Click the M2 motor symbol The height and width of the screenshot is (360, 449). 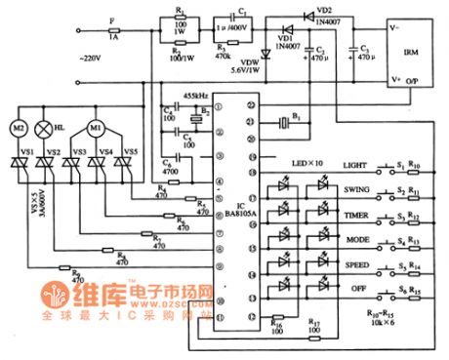coord(19,128)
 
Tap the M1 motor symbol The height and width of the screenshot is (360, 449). coord(96,128)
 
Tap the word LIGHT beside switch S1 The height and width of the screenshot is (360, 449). coord(357,166)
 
